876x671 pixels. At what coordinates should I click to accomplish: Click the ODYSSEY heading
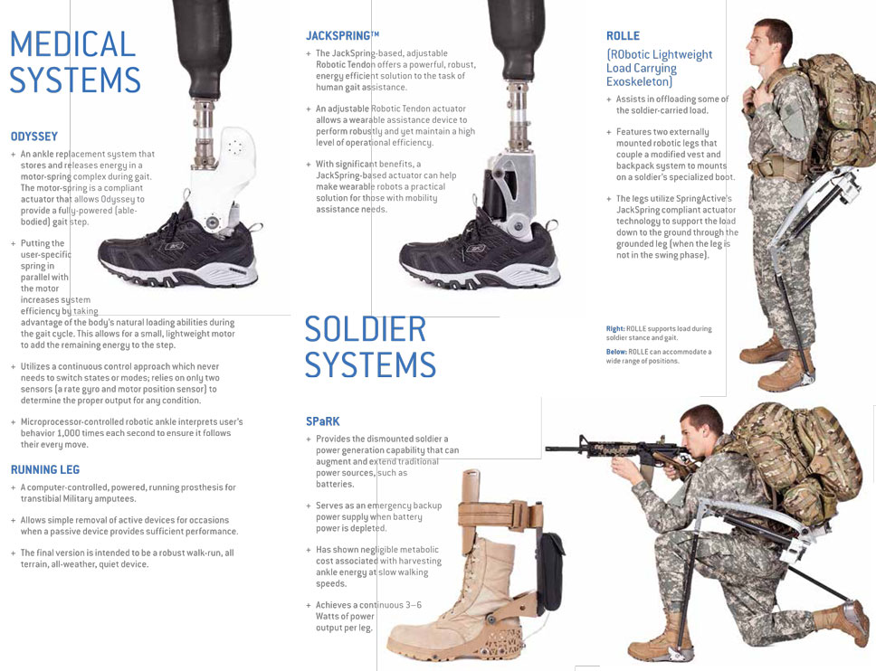click(34, 137)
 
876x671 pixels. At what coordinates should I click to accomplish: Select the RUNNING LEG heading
click(45, 469)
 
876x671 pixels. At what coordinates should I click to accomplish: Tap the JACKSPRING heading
click(342, 36)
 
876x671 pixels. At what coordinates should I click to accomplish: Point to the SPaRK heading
click(323, 421)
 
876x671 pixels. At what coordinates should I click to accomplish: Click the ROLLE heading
click(623, 36)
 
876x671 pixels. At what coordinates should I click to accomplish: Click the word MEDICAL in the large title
click(72, 44)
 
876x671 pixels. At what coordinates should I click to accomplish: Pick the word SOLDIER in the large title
click(366, 329)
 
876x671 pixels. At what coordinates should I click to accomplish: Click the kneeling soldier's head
click(700, 430)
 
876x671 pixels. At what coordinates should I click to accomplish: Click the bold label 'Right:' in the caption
click(615, 329)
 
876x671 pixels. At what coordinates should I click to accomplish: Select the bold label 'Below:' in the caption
click(617, 352)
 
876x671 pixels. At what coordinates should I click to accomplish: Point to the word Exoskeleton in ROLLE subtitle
click(639, 81)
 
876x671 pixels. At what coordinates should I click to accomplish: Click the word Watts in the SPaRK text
click(330, 617)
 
